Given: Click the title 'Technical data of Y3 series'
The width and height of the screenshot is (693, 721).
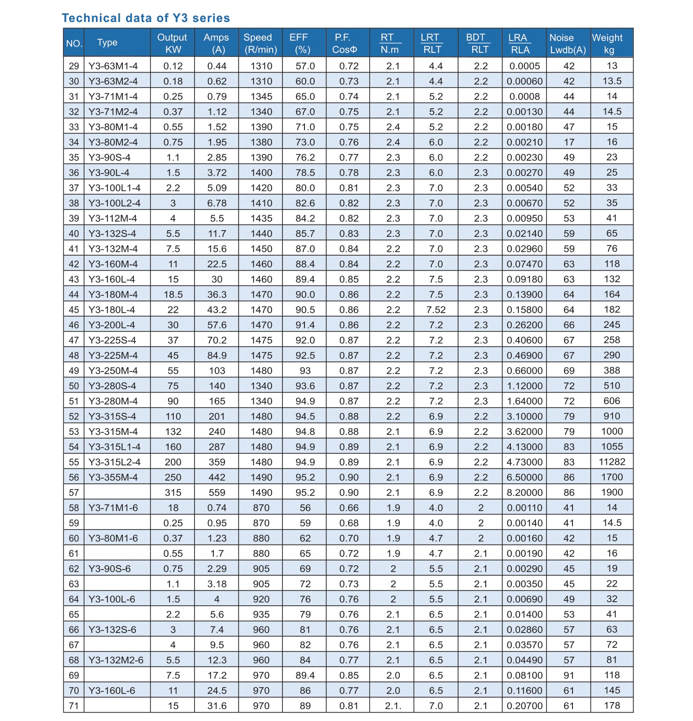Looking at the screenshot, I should click(146, 18).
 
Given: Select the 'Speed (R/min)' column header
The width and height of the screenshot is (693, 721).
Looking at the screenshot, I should click(260, 43).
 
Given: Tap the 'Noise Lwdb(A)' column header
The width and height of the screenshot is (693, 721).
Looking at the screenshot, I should click(568, 43).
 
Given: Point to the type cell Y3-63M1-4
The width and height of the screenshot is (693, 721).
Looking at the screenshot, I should click(113, 66).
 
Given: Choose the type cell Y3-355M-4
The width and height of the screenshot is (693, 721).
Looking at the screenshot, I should click(113, 477).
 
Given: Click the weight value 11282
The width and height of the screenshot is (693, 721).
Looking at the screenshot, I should click(612, 462).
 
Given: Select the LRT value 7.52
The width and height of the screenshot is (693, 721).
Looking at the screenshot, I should click(436, 309).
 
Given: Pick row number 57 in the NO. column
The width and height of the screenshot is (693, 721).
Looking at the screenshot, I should click(74, 493).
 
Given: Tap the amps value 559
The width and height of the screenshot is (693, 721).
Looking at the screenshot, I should click(217, 493).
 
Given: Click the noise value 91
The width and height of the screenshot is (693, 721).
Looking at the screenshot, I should click(569, 675).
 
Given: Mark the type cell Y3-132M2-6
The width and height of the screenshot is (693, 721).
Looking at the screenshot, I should click(116, 660).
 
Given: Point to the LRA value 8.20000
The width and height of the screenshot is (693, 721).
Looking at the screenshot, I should click(524, 493).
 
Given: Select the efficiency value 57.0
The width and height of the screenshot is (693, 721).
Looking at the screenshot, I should click(305, 66).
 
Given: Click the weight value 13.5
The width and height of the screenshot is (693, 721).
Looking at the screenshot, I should click(612, 81).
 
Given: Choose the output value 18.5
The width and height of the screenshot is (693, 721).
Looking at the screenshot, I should click(173, 294).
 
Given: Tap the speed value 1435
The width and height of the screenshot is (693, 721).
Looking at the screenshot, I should click(261, 218).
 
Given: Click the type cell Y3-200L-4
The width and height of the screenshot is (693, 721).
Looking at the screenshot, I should click(112, 325).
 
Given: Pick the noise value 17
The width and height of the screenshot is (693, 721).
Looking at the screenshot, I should click(569, 142).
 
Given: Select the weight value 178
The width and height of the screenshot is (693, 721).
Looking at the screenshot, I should click(612, 706).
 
